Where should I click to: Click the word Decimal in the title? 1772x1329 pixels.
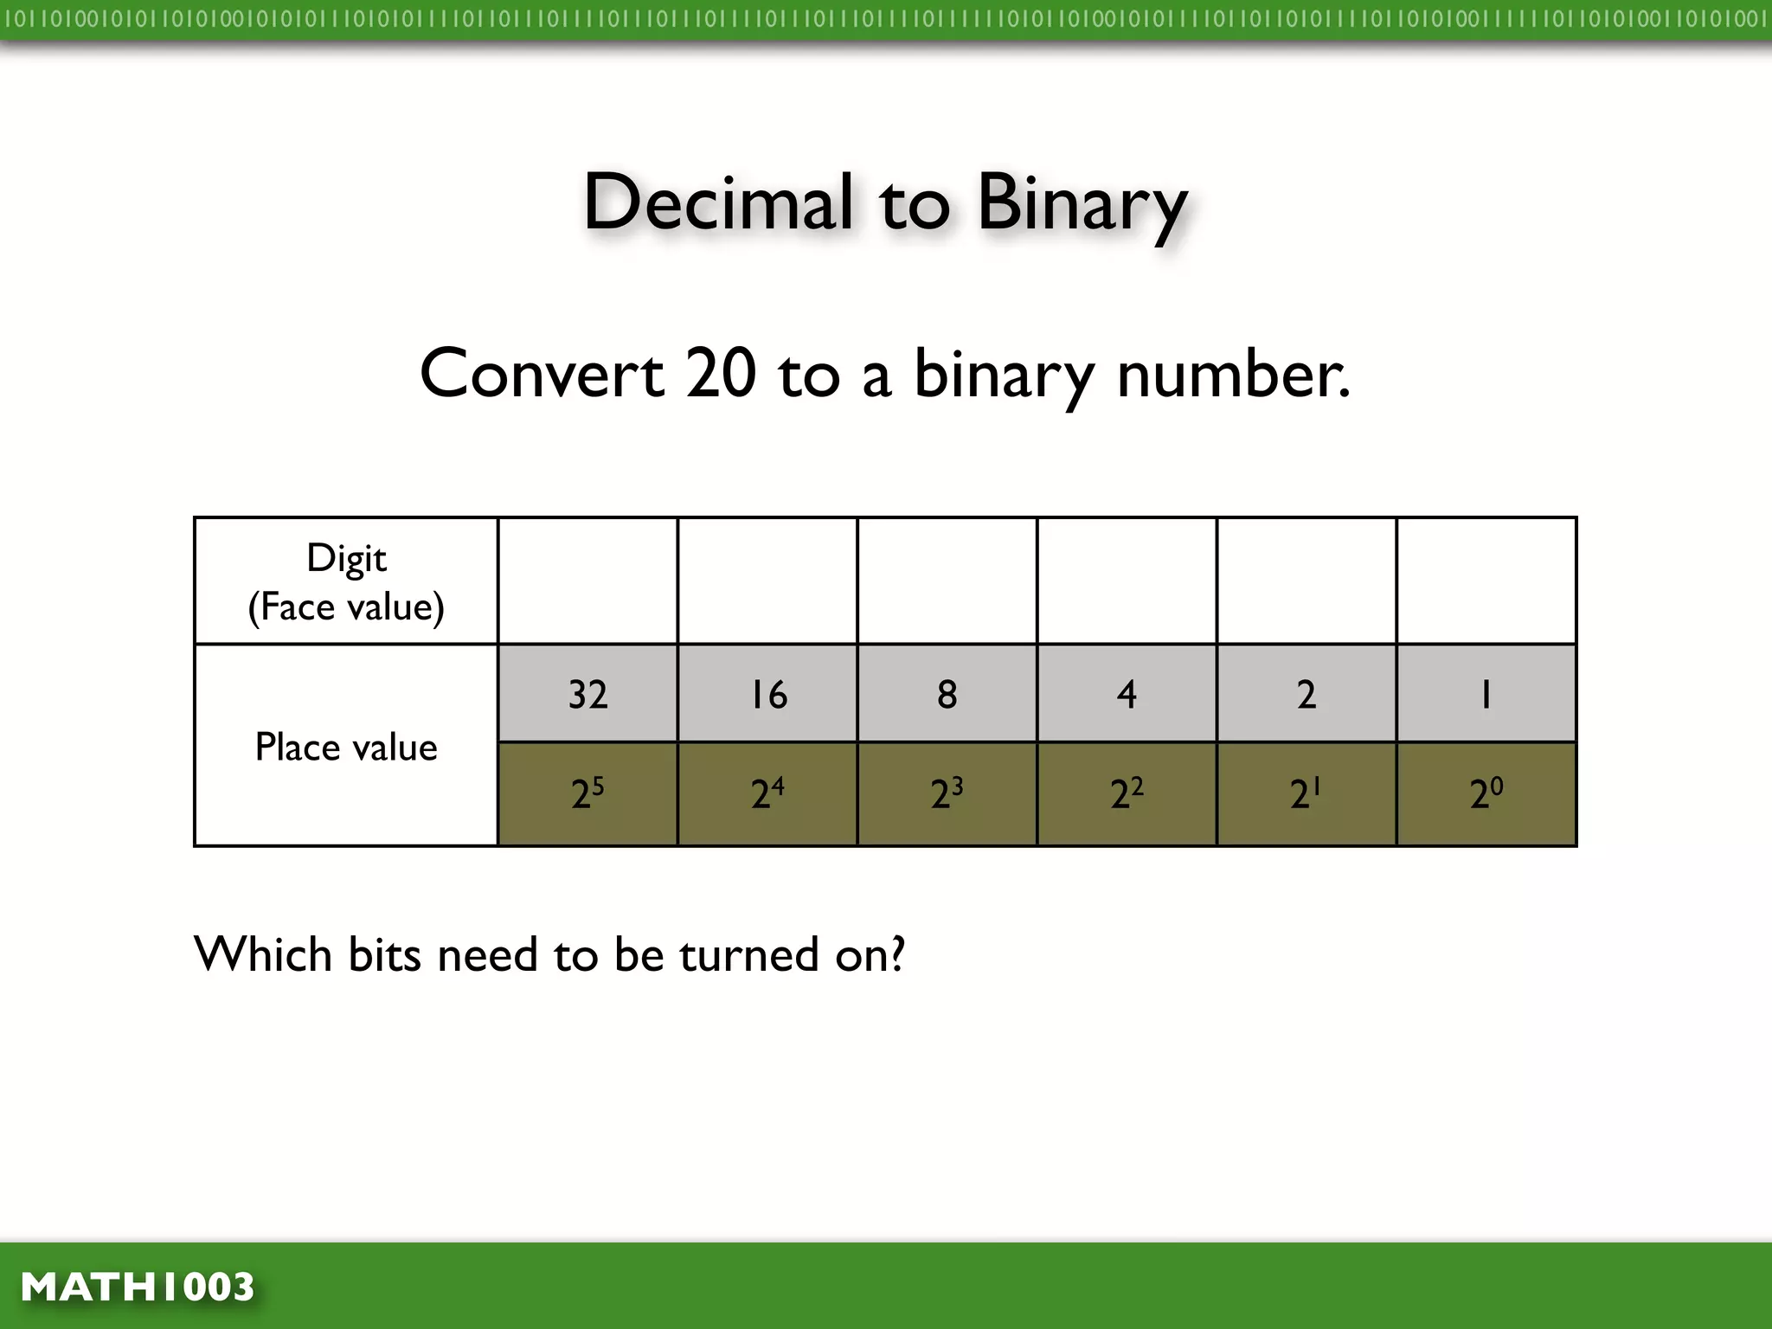coord(718,202)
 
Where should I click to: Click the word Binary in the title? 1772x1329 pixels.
coord(1082,204)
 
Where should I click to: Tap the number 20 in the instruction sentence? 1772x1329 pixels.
coord(721,374)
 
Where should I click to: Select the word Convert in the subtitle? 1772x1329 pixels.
coord(542,374)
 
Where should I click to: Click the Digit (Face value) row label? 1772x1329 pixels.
coord(346,581)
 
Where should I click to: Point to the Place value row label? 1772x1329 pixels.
coord(346,747)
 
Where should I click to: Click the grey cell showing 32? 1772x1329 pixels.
coord(588,694)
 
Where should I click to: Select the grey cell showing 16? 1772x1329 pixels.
coord(768,694)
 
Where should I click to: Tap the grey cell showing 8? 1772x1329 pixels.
coord(947,694)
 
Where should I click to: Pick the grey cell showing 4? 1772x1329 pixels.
coord(1127,694)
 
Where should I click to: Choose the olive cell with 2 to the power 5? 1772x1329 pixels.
coord(588,793)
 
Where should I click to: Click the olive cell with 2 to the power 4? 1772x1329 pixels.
coord(768,793)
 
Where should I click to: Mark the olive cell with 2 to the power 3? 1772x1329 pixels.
coord(947,793)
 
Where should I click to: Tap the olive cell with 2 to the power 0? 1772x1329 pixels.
coord(1486,793)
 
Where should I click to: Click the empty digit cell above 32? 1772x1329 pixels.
coord(588,581)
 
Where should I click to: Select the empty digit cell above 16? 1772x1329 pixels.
coord(768,581)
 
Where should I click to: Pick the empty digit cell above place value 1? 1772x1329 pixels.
coord(1486,581)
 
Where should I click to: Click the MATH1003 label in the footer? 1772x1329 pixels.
coord(138,1287)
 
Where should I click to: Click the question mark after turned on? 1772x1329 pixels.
coord(897,954)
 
